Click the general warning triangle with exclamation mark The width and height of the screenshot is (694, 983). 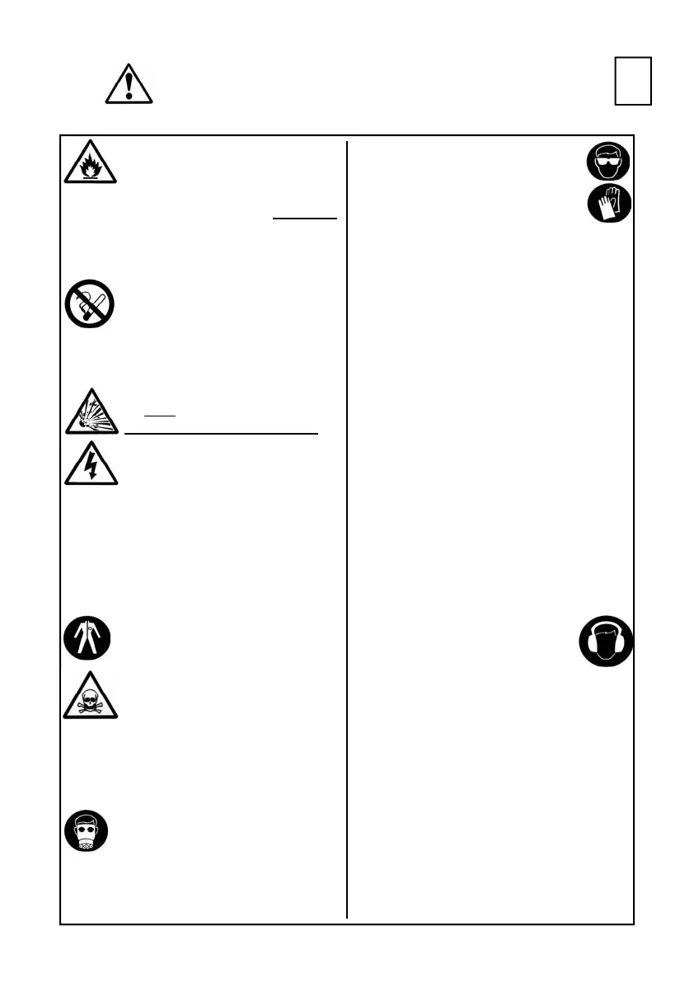130,83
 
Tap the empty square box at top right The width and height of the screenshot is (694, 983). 633,81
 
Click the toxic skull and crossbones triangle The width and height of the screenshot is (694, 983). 91,695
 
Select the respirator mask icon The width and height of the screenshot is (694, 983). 85,831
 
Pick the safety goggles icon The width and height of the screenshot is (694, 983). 609,161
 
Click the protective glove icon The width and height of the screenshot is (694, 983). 609,203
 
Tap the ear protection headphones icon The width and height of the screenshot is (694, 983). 606,641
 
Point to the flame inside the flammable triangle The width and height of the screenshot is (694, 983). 91,170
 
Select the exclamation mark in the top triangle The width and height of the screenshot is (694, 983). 130,85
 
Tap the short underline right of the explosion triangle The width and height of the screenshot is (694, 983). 159,415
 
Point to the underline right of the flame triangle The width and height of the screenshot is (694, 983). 304,219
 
